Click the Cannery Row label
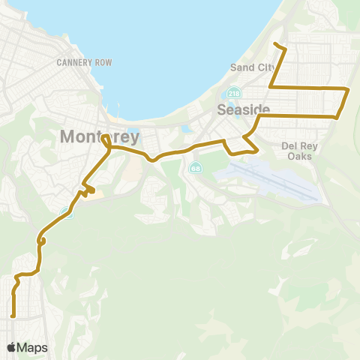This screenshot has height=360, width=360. [84, 62]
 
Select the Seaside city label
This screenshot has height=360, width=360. [238, 109]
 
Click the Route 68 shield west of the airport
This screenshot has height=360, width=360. [196, 166]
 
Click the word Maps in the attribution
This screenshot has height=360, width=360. [32, 347]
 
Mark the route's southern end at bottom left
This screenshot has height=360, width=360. [13, 316]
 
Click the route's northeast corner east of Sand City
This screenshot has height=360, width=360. [347, 88]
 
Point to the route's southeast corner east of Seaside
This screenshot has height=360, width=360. [337, 116]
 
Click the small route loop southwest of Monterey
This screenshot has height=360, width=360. [43, 241]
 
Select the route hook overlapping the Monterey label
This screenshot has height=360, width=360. [106, 140]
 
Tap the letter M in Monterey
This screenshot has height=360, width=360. [66, 137]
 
